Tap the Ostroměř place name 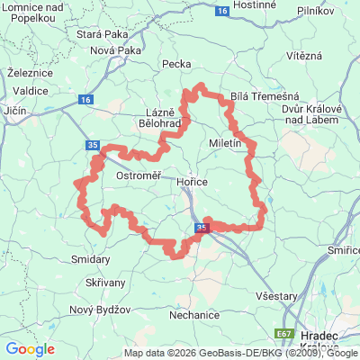(x=139, y=176)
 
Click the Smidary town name (x=90, y=259)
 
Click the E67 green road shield (x=284, y=334)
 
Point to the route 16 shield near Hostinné (x=222, y=11)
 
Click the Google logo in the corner (x=30, y=349)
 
